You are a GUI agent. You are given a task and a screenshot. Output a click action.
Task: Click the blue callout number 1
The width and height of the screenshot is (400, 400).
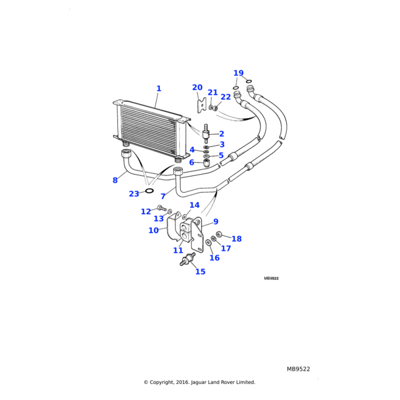click(x=159, y=89)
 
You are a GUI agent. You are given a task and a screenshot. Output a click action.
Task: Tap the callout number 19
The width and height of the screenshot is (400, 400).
click(x=239, y=73)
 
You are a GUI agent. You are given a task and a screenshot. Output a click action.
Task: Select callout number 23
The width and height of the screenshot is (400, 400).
click(x=134, y=194)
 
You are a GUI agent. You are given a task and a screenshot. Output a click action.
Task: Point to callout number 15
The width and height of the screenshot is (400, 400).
click(x=200, y=271)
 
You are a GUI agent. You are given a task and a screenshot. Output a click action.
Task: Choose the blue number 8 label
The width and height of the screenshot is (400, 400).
click(x=115, y=180)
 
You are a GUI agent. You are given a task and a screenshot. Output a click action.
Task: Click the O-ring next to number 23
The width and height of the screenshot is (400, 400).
click(x=149, y=191)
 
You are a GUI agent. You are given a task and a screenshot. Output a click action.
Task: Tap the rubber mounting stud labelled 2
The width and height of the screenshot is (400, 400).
click(x=206, y=134)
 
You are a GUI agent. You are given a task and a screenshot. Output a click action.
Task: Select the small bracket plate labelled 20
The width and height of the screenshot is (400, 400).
click(x=201, y=105)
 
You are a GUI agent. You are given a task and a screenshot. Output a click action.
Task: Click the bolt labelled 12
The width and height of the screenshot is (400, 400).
click(x=161, y=208)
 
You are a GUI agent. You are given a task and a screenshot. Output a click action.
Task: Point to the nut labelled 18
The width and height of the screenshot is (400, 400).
click(x=219, y=234)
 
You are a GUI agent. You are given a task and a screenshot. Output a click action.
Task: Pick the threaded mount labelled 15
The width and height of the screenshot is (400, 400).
click(x=188, y=259)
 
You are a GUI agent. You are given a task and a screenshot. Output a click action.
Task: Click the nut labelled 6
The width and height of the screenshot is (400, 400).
click(x=207, y=163)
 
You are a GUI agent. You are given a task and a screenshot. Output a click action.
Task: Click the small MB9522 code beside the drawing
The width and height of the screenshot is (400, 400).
click(x=271, y=278)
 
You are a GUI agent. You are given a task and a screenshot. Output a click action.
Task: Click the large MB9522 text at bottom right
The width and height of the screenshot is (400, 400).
click(x=298, y=369)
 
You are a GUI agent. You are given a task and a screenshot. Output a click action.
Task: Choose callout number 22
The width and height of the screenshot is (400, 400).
click(x=225, y=97)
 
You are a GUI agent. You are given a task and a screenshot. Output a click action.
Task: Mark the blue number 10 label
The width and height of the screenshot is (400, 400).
click(x=153, y=231)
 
